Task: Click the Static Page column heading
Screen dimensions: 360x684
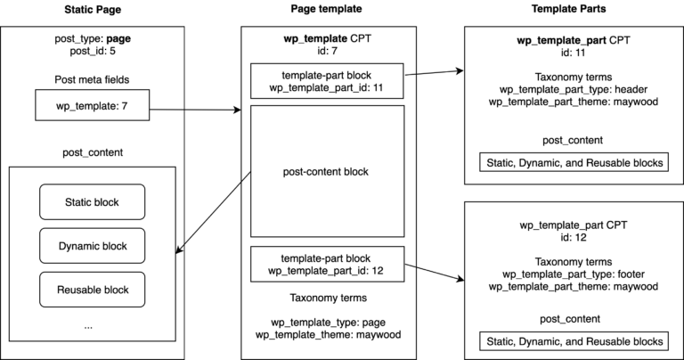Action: click(x=92, y=9)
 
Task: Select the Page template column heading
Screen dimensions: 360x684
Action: click(x=327, y=9)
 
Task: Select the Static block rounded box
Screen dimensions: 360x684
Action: click(x=93, y=202)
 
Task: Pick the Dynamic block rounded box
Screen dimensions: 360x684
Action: click(x=93, y=246)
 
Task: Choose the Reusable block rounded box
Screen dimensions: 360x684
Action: click(x=93, y=290)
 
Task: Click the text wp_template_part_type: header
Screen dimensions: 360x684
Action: click(x=572, y=89)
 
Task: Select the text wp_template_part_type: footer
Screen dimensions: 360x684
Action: click(x=572, y=274)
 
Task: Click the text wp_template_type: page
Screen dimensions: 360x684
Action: click(x=327, y=321)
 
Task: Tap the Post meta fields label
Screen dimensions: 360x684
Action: click(x=92, y=81)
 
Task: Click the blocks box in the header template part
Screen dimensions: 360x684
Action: click(x=573, y=162)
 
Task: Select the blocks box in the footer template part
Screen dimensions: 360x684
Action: click(x=573, y=340)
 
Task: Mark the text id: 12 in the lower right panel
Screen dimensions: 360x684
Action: click(x=572, y=238)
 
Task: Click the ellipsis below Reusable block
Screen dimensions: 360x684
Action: click(x=88, y=326)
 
